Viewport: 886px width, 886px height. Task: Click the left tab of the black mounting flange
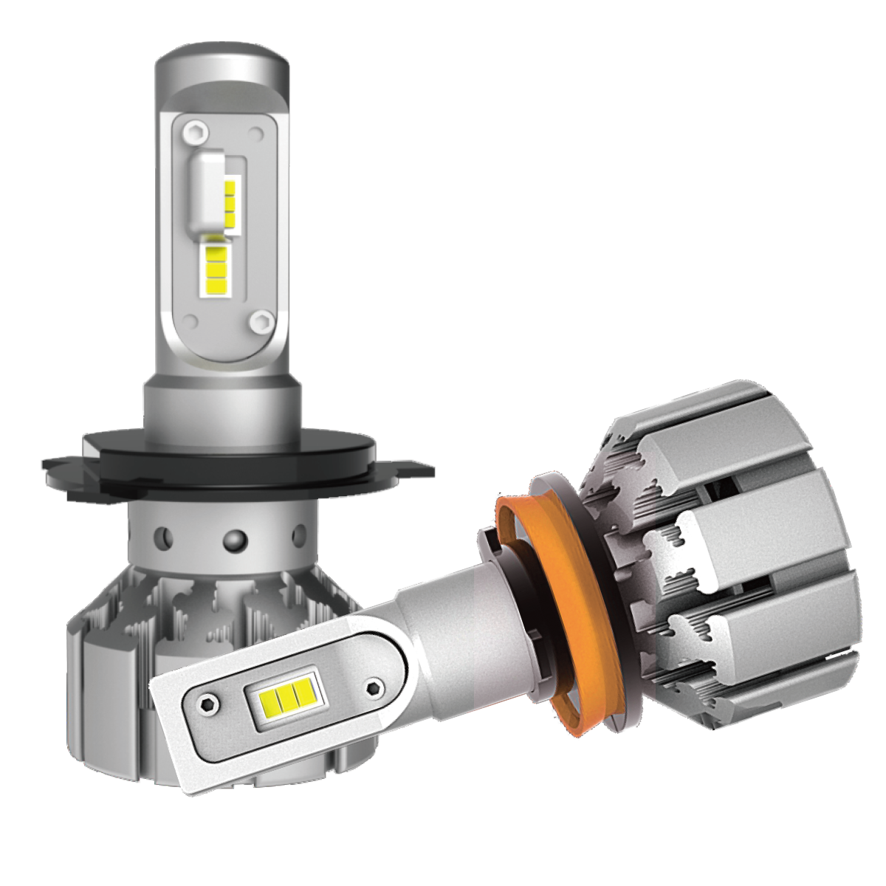[63, 468]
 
